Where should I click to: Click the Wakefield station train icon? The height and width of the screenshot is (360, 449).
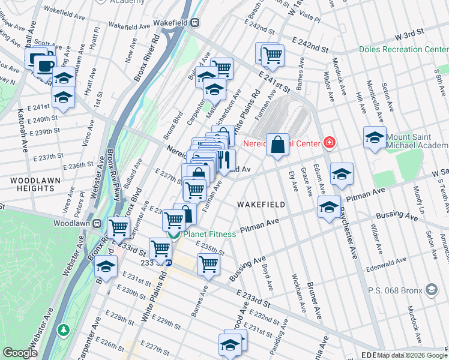point(194,22)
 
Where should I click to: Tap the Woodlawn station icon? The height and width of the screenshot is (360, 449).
point(95,224)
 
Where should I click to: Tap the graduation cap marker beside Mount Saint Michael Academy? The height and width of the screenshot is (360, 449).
point(375,137)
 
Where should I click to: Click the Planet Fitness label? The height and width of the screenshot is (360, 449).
point(209,234)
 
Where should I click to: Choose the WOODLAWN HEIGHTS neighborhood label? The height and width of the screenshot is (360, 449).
point(28,184)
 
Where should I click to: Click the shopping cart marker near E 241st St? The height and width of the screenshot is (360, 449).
point(273,55)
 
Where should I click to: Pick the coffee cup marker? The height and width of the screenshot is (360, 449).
point(44,64)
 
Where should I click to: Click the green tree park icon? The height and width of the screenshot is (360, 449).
point(63,330)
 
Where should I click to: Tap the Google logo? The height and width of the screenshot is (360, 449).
point(20,353)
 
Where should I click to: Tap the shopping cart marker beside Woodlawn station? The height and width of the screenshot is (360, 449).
point(119,227)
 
